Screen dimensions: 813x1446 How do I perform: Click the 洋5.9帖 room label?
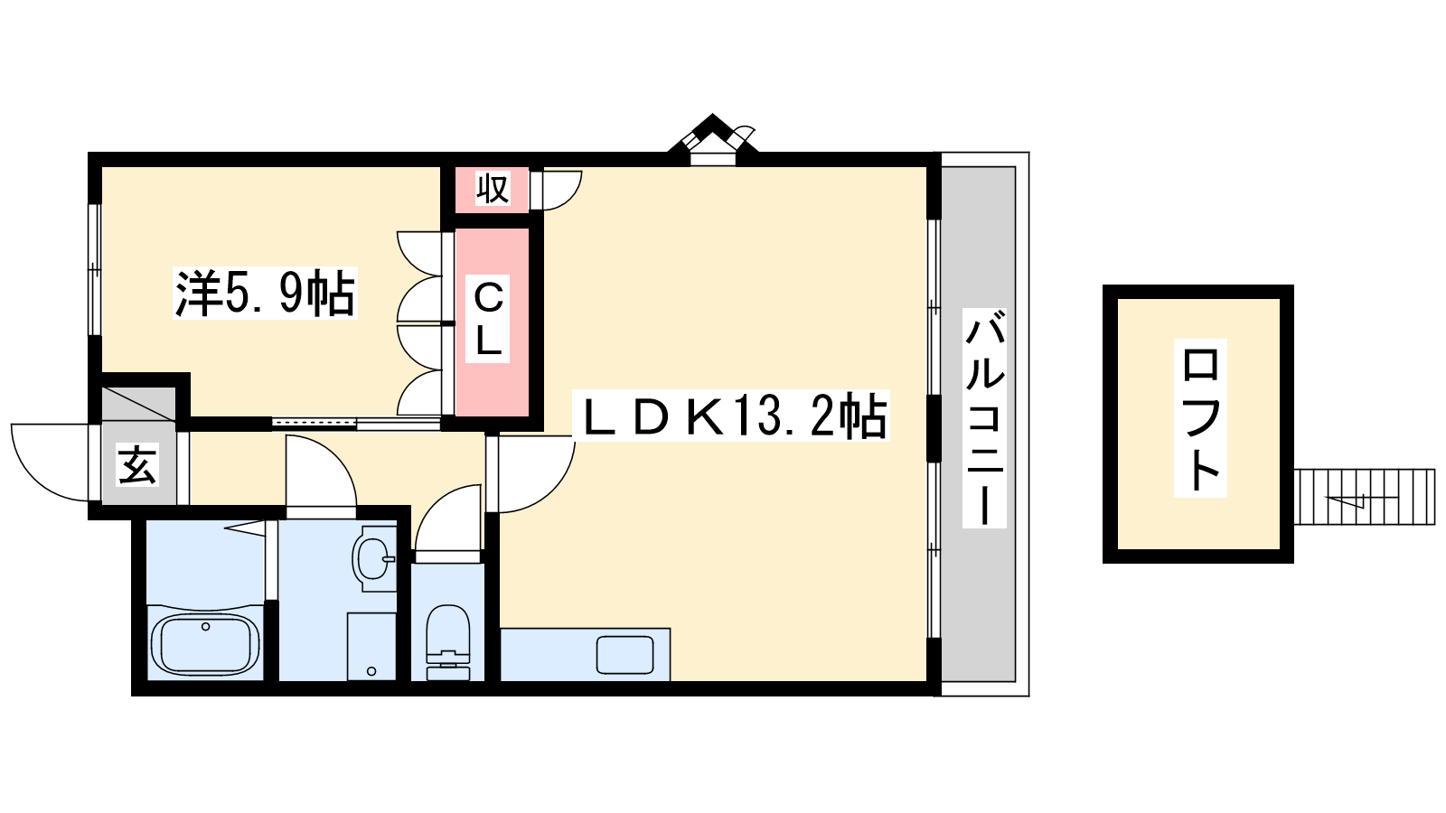[265, 293]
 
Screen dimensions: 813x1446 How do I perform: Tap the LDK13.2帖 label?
[732, 416]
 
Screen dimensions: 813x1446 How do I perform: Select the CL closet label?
[488, 319]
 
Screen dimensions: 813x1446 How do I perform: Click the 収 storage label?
[493, 189]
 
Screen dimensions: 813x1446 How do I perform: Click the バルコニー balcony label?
[984, 418]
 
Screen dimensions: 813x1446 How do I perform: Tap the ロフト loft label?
[1200, 418]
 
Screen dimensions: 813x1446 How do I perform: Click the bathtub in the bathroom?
[205, 644]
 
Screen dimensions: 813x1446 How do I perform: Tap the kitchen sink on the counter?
[624, 654]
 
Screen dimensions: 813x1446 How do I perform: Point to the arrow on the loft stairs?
[1347, 500]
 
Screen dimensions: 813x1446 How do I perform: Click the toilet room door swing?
[449, 522]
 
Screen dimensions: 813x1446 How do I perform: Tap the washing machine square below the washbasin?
[371, 647]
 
